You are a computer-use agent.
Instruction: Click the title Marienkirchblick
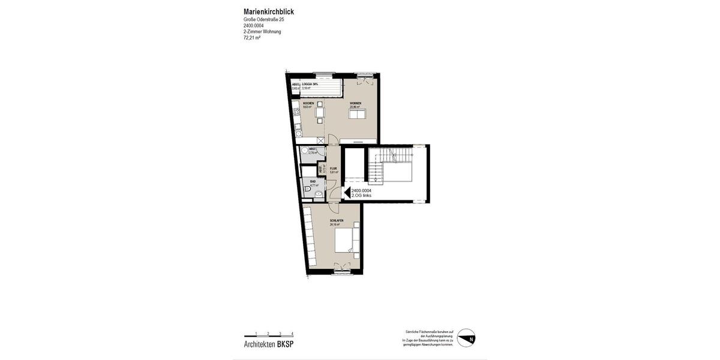(269, 11)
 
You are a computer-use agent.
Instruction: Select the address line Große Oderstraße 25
(263, 20)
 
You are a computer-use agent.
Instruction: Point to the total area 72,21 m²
(252, 38)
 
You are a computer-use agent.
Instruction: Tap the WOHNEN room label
(355, 103)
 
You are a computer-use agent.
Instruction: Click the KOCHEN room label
(308, 103)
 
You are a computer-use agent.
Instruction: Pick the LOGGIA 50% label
(310, 84)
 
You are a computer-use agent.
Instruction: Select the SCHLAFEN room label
(336, 221)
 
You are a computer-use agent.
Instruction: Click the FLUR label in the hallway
(333, 169)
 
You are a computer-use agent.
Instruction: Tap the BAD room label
(313, 181)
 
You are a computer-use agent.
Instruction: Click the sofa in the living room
(357, 114)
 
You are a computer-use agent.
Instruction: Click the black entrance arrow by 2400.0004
(346, 193)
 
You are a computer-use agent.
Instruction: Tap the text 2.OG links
(361, 196)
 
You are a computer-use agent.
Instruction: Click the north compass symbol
(466, 338)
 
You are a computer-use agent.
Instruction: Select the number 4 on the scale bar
(292, 333)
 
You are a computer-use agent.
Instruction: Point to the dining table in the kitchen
(320, 112)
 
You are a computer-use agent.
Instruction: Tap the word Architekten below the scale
(260, 344)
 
